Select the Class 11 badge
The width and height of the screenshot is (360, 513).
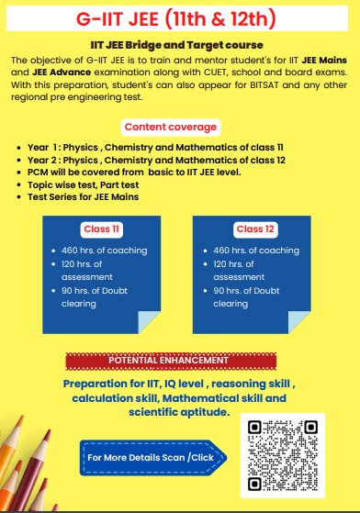(x=102, y=229)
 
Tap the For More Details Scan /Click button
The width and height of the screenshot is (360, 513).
(x=150, y=456)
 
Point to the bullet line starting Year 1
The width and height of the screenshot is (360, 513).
(x=129, y=147)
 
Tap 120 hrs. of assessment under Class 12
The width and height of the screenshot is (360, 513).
(x=245, y=270)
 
